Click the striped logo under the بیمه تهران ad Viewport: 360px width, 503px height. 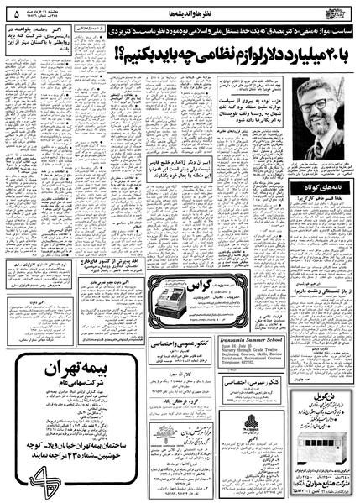[x=55, y=477]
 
